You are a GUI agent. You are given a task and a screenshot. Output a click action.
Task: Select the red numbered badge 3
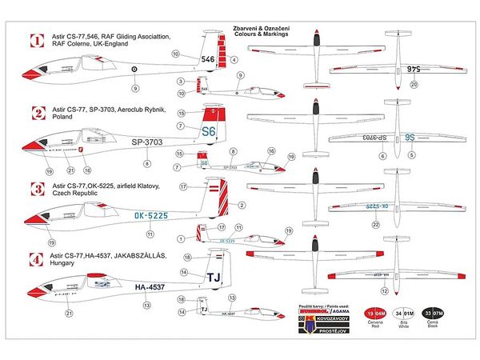click(34, 190)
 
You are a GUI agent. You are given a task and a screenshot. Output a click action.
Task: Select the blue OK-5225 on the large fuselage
click(150, 214)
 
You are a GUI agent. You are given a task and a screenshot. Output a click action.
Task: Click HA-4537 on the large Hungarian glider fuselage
click(150, 287)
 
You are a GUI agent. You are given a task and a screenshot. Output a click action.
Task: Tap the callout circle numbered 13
click(146, 305)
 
